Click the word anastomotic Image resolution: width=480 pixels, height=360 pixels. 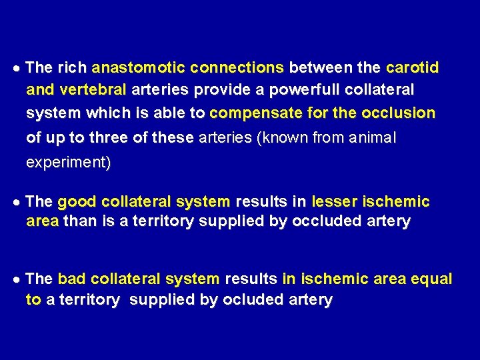pyautogui.click(x=138, y=68)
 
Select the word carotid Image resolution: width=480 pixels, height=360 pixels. pyautogui.click(x=413, y=68)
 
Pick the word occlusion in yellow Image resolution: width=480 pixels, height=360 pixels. pyautogui.click(x=399, y=113)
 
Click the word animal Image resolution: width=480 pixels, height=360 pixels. pyautogui.click(x=371, y=138)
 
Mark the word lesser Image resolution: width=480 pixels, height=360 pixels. pyautogui.click(x=335, y=202)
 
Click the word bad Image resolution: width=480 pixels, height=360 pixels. pyautogui.click(x=72, y=279)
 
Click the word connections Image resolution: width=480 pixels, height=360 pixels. pyautogui.click(x=237, y=68)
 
